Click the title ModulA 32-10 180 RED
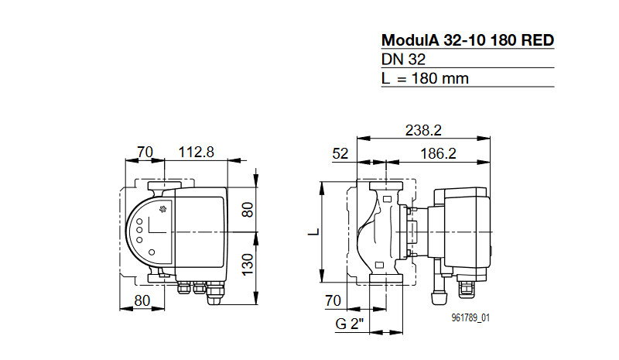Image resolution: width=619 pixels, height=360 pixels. tap(468, 40)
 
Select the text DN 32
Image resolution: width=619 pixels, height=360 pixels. tap(403, 60)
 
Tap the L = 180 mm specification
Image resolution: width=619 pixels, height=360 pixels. tap(425, 78)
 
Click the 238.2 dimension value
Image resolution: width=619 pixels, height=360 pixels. tap(423, 130)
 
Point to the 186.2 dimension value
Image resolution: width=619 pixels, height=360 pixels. tap(438, 153)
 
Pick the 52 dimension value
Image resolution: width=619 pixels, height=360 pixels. tap(340, 153)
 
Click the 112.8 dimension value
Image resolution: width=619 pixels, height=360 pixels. tap(197, 152)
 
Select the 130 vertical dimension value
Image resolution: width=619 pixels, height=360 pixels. tap(248, 265)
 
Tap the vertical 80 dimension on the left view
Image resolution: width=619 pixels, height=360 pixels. tap(248, 210)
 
